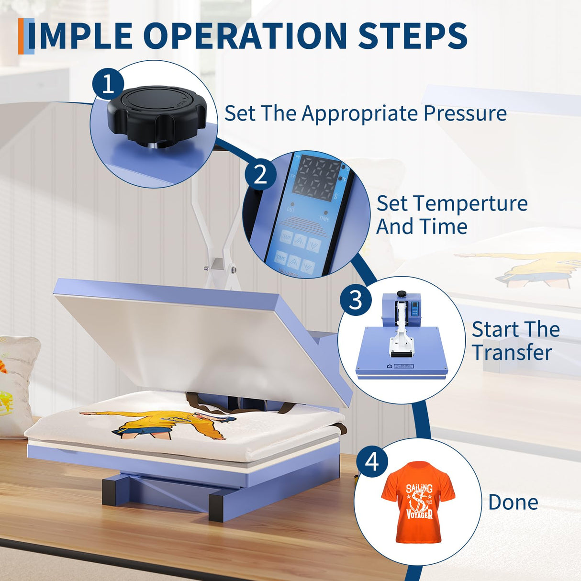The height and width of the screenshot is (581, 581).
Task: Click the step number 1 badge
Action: coord(108,83)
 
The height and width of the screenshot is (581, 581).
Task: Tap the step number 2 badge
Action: coord(260,174)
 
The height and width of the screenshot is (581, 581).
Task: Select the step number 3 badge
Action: coord(356,300)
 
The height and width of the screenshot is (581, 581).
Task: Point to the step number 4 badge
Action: coord(372,462)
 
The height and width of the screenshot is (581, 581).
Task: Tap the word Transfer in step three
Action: coord(512,353)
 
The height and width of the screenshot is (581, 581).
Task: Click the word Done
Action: coord(513,503)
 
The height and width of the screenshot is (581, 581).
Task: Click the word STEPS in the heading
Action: coord(413,36)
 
